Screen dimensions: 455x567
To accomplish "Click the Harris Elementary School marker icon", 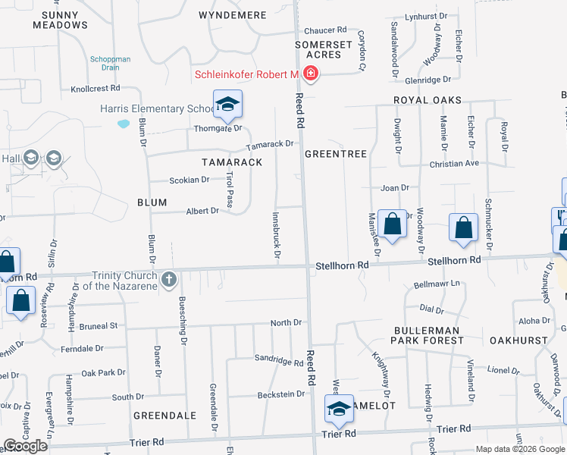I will tap(227, 105).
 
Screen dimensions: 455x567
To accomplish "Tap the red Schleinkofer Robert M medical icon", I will tap(310, 74).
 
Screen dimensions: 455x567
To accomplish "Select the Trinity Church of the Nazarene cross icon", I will tap(168, 280).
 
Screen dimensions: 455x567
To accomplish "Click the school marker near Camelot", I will tap(339, 409).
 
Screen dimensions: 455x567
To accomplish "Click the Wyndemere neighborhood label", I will tap(232, 15).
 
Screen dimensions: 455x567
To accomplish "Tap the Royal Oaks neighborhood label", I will tap(427, 100).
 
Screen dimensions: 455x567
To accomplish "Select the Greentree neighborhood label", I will tap(336, 154).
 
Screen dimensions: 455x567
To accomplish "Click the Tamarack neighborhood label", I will tap(232, 162).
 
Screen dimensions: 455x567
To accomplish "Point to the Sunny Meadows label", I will tap(61, 20).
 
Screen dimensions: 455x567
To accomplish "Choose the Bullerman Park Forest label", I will tap(428, 335).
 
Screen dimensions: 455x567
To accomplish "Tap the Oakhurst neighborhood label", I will tap(518, 340).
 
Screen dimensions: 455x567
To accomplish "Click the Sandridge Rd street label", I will tap(278, 360).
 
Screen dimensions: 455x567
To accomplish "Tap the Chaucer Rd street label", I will tap(324, 30).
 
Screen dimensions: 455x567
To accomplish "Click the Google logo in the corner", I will tap(25, 446).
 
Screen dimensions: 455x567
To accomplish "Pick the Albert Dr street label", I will tap(202, 211).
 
